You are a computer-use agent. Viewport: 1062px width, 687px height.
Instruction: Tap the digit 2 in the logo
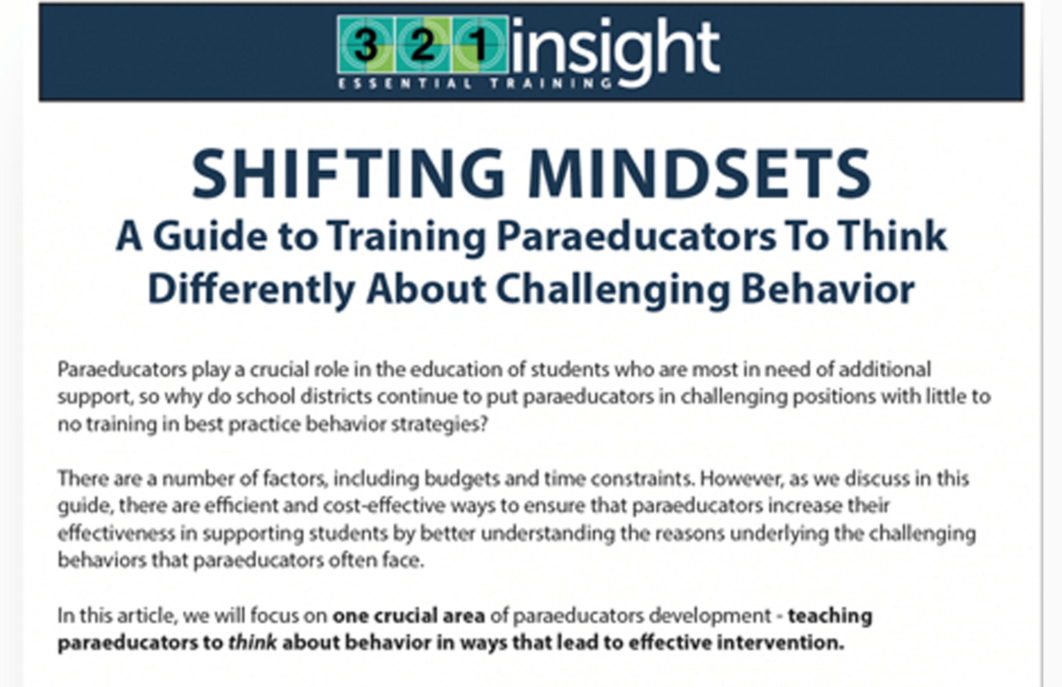(x=422, y=45)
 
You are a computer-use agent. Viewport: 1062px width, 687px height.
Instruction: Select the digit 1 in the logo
(x=479, y=45)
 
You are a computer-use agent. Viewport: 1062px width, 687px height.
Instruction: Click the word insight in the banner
(x=616, y=51)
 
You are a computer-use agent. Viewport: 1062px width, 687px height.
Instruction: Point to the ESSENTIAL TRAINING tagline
(x=475, y=83)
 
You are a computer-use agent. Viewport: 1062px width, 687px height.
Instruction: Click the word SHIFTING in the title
(x=348, y=173)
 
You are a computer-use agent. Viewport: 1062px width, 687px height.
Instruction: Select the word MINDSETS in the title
(x=699, y=173)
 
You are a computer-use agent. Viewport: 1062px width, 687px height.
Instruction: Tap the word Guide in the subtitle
(x=209, y=237)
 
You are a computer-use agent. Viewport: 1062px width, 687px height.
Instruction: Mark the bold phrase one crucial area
(x=409, y=616)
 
